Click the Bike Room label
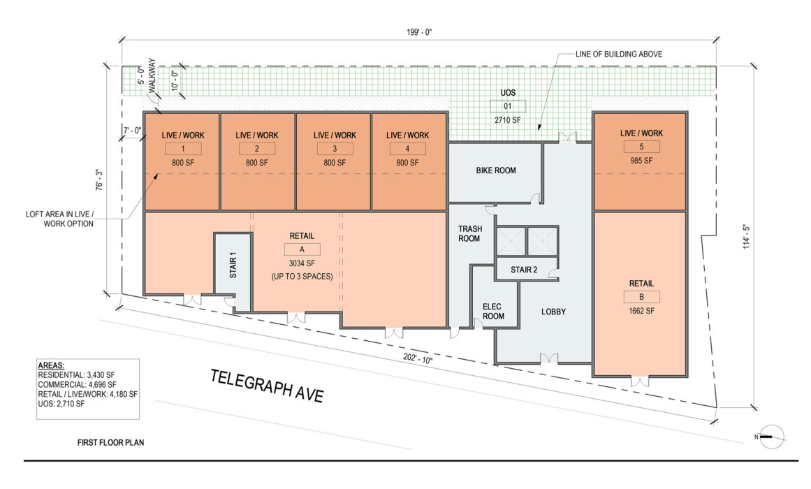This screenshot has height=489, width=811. pos(495,170)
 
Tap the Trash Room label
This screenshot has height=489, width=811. pos(469,233)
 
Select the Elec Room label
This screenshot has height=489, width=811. pos(493,312)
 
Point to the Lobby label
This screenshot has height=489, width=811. pos(553,312)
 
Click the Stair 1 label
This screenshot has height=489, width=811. pos(233,265)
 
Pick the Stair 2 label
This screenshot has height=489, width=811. pos(524,270)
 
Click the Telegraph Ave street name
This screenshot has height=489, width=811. pos(267,386)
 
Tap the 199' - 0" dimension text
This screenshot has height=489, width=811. pos(419,32)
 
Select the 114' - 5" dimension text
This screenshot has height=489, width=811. pos(746,237)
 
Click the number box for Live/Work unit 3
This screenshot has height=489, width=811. pos(335,149)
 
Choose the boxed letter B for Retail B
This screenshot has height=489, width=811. pos(641,297)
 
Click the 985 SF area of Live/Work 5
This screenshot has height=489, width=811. pos(641,161)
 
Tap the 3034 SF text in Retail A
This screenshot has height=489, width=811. pos(302,263)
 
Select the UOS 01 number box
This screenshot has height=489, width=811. pos(508,106)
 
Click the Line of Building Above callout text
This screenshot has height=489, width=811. pos(619,54)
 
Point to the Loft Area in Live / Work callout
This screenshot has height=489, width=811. pos(59,219)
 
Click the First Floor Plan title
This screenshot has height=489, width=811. pos(110,442)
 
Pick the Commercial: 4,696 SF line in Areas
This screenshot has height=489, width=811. pos(77,384)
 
